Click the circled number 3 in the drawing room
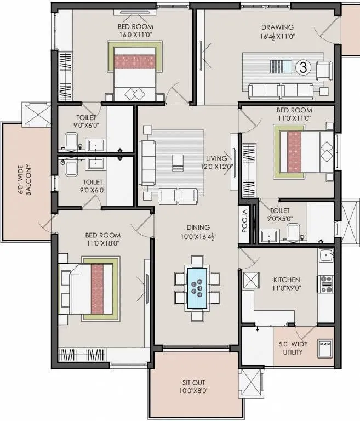302,68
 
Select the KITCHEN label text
287,280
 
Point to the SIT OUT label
195,383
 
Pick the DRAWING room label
277,27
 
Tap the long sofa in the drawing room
281,90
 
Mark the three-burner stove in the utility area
325,346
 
